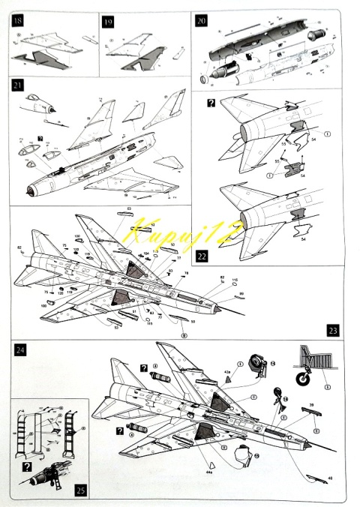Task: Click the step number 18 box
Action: tap(17, 21)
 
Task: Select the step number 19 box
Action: tap(107, 21)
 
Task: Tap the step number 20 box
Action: tap(200, 21)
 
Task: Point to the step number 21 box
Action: tap(17, 86)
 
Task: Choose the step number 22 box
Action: tap(200, 256)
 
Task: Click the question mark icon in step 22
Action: tap(211, 102)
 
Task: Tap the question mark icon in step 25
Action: tap(27, 466)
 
